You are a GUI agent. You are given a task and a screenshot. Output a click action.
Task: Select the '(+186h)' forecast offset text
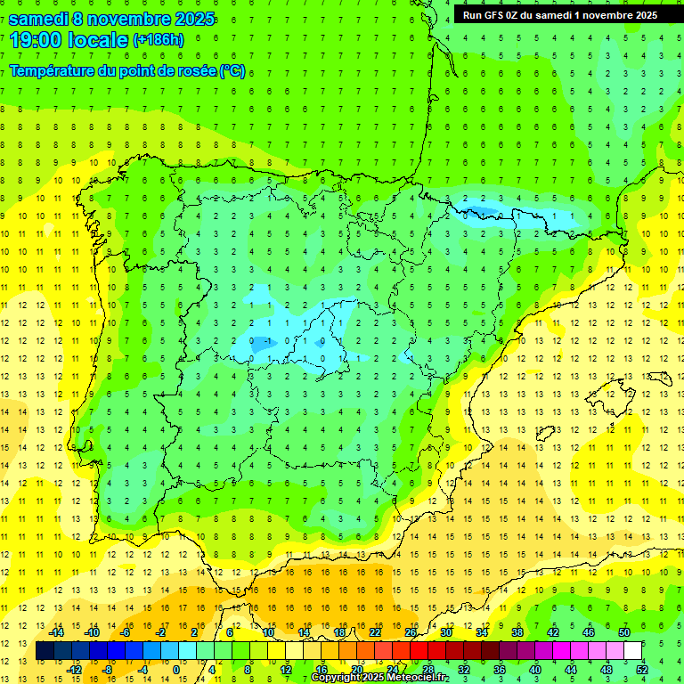click(159, 40)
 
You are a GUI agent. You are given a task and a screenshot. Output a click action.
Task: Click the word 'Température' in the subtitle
click(54, 71)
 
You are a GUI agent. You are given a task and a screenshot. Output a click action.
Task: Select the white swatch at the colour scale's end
click(633, 651)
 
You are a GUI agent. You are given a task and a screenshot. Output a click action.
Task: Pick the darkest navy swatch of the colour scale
click(45, 651)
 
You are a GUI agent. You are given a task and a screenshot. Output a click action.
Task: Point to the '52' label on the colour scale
click(642, 670)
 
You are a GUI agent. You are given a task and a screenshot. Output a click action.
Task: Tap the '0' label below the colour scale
click(176, 670)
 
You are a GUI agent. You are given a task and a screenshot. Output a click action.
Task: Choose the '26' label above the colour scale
click(411, 632)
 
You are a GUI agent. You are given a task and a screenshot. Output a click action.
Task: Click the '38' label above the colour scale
click(517, 632)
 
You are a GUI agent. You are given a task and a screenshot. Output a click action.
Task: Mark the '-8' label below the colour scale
click(108, 670)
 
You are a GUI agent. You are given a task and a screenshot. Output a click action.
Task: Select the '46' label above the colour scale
click(589, 632)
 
